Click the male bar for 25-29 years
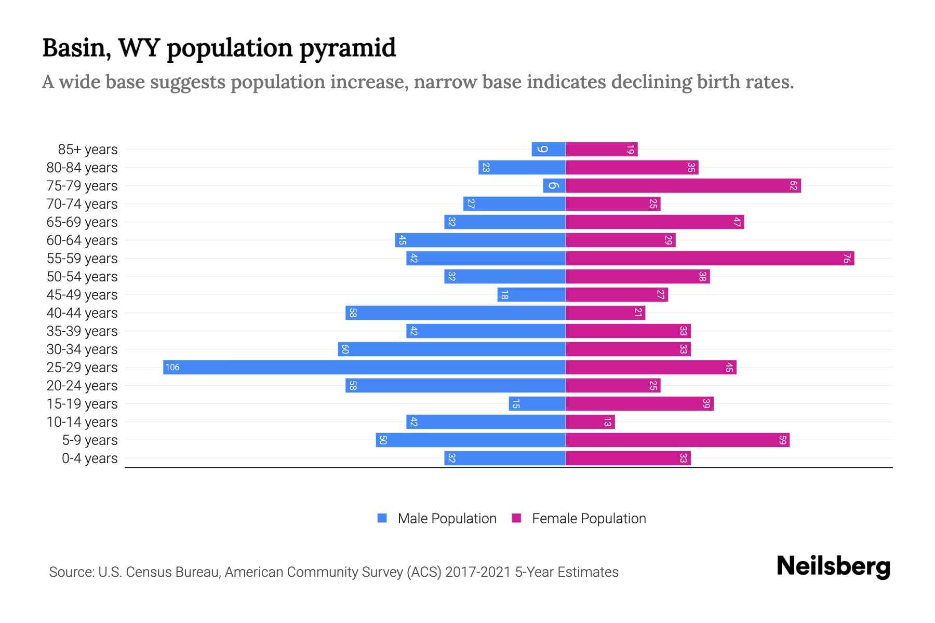(x=364, y=368)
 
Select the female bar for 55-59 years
(x=710, y=259)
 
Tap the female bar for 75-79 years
(x=683, y=186)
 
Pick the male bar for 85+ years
(x=549, y=150)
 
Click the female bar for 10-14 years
(x=590, y=422)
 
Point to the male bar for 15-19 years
(x=537, y=404)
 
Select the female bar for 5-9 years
(x=677, y=440)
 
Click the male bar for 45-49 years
(x=531, y=295)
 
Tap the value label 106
(x=172, y=368)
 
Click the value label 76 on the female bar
(x=847, y=259)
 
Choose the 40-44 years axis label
(x=82, y=313)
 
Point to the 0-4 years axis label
(x=89, y=458)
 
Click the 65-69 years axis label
(x=82, y=222)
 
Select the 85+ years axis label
(x=88, y=150)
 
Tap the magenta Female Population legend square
(x=516, y=518)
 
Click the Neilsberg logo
(x=833, y=566)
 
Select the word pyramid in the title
(x=348, y=48)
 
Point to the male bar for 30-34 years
(x=451, y=349)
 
